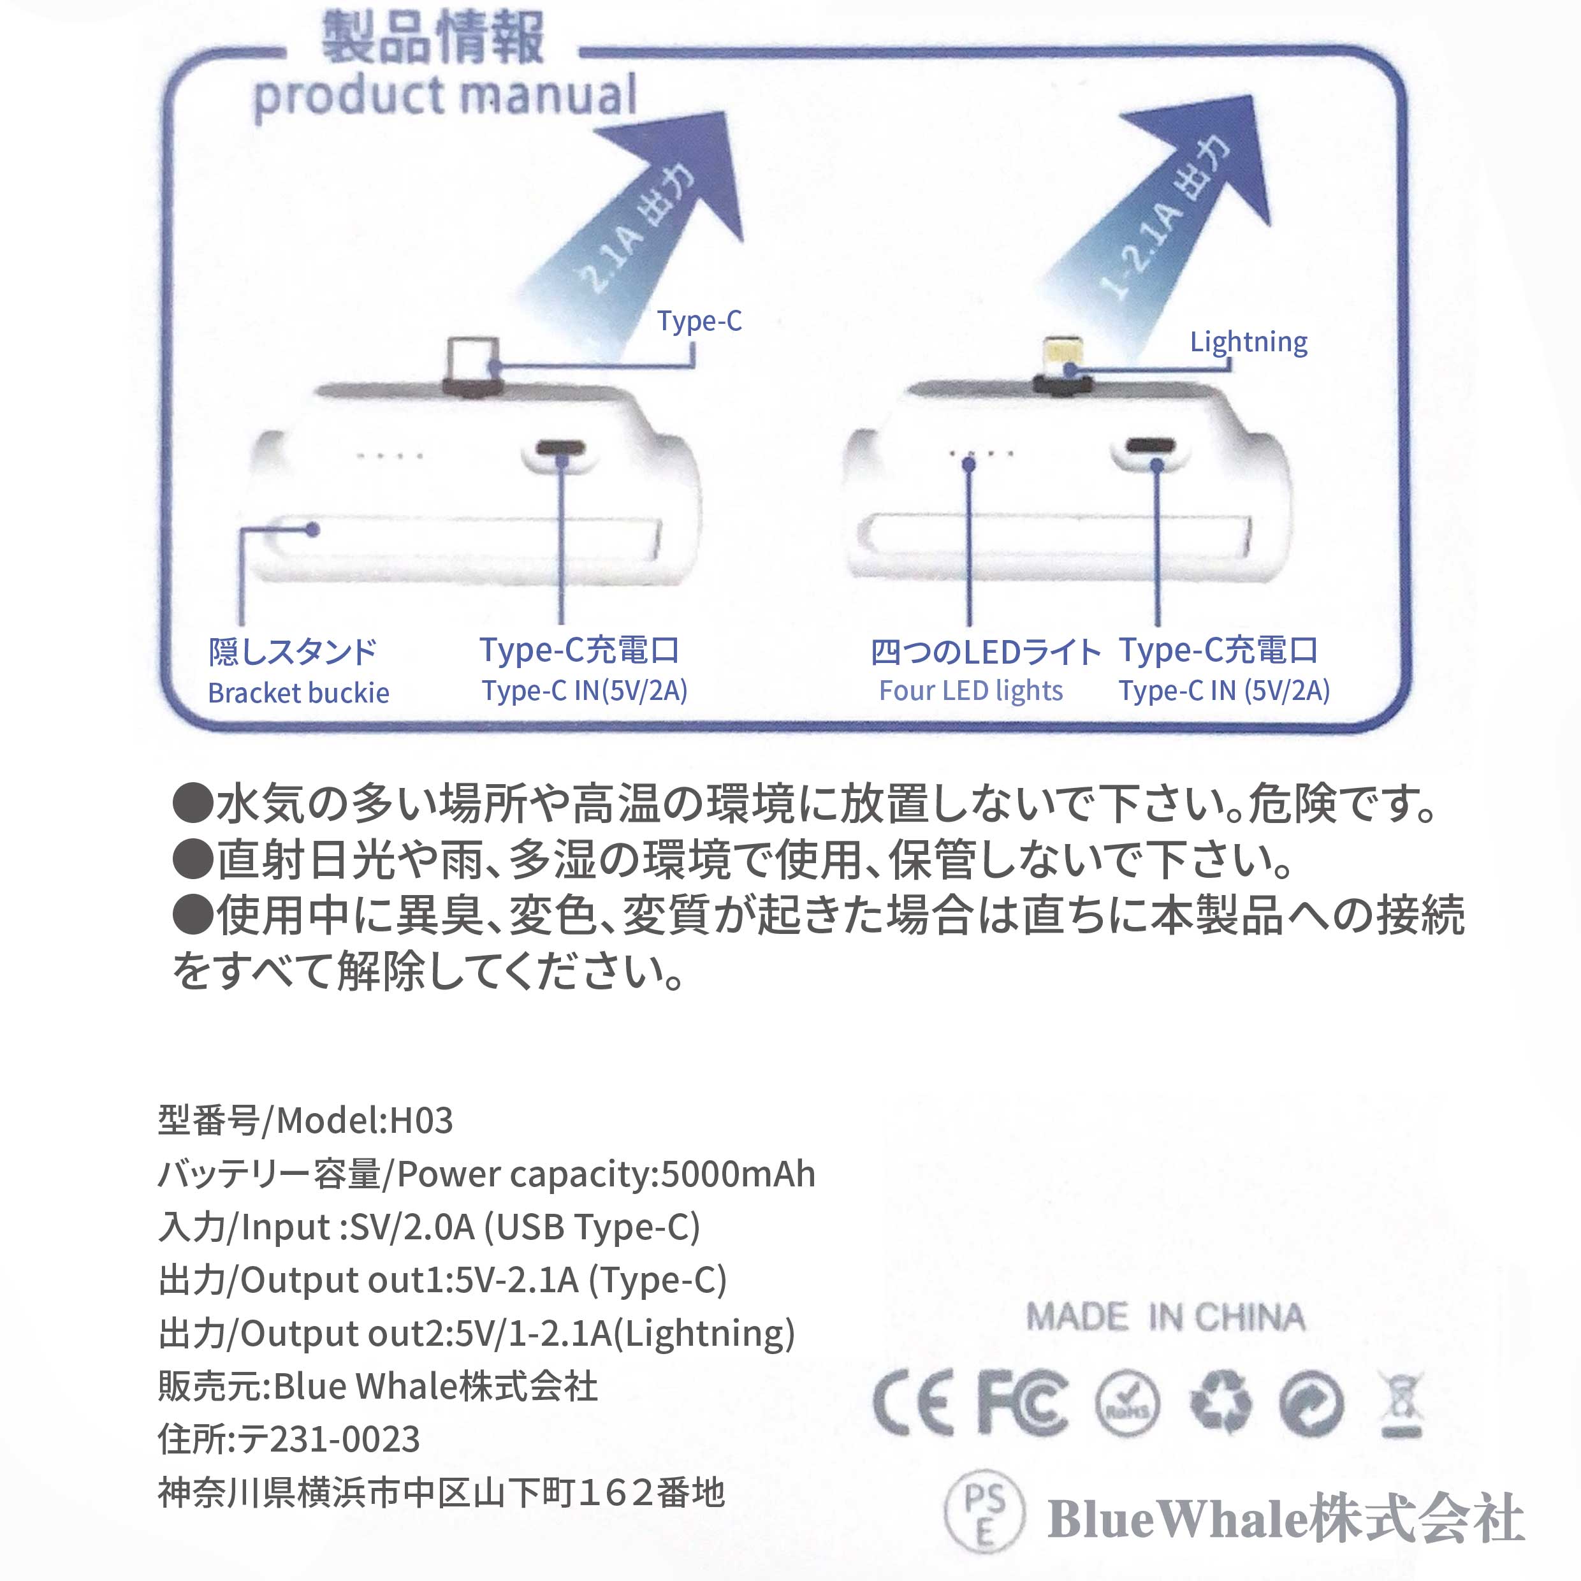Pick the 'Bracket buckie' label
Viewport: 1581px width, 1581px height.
click(x=299, y=693)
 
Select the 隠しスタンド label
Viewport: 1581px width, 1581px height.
click(x=292, y=652)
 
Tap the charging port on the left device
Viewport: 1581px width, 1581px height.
click(x=560, y=450)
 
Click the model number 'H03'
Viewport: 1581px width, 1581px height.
click(x=421, y=1120)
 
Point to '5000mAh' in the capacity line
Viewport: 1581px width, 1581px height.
click(x=738, y=1174)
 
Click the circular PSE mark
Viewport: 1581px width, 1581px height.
click(x=984, y=1514)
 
